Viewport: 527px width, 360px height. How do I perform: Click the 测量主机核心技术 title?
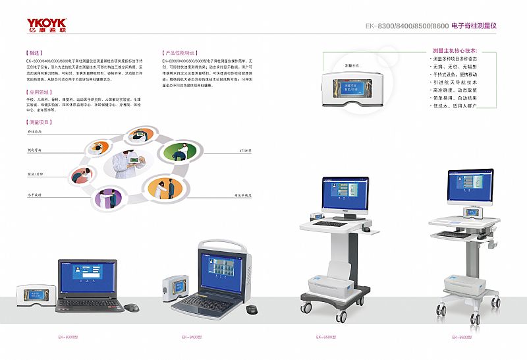[x=455, y=51]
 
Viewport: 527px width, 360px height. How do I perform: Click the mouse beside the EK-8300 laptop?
[x=132, y=307]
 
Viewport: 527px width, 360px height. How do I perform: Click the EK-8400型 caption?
[x=192, y=337]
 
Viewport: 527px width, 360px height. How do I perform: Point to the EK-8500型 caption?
[x=326, y=337]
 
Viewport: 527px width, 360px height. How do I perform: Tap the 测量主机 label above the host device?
[x=352, y=65]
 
